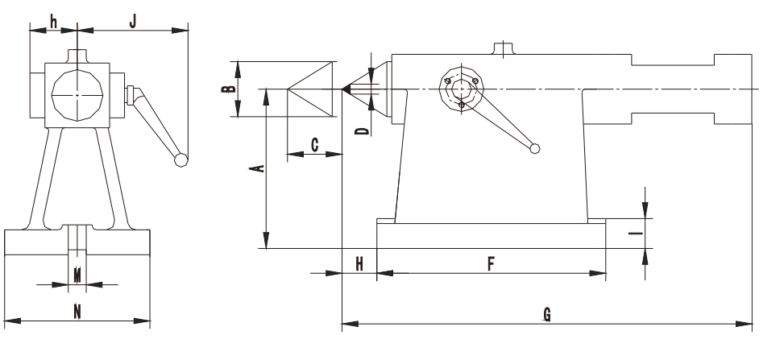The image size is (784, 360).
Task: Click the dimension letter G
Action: [x=547, y=315]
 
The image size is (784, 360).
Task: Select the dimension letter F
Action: [x=491, y=264]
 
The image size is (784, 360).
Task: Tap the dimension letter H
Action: [x=359, y=264]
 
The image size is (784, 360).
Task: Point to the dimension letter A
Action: [x=258, y=168]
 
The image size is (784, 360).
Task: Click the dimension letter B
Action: [x=229, y=89]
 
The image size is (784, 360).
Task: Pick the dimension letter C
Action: [x=314, y=145]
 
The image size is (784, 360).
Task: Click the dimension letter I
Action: [x=636, y=234]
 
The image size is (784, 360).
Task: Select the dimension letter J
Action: [x=132, y=22]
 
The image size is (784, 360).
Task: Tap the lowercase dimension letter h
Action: [x=54, y=22]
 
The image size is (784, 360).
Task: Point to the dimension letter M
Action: [x=77, y=275]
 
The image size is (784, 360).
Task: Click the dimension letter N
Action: [x=77, y=312]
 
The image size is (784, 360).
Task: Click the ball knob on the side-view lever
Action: [x=535, y=148]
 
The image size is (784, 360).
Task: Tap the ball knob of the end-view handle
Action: [x=180, y=160]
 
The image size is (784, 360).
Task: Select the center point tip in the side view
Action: [x=343, y=89]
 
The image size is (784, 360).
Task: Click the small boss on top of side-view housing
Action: [x=504, y=48]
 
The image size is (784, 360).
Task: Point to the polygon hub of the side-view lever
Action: [x=461, y=89]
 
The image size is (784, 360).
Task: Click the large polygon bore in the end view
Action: [x=77, y=94]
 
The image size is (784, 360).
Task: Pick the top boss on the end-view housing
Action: [x=77, y=56]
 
